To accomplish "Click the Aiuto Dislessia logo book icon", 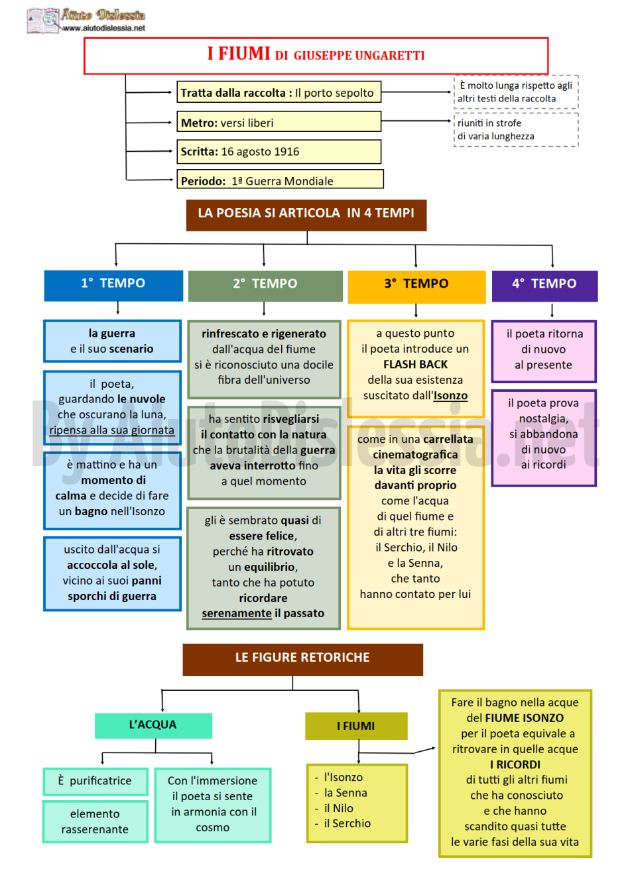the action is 43,20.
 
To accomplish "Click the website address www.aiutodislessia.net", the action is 104,29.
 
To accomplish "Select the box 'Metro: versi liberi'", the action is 279,122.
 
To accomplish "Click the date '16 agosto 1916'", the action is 260,152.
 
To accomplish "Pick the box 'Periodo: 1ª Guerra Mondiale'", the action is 280,180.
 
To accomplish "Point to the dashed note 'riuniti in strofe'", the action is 516,130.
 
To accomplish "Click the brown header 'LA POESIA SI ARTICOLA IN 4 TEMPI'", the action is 306,215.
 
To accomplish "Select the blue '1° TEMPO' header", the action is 113,286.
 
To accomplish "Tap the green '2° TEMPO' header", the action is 265,286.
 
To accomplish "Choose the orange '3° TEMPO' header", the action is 416,287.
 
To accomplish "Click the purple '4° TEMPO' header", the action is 544,286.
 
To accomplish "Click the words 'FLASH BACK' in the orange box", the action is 415,364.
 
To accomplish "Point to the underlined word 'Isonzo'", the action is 450,395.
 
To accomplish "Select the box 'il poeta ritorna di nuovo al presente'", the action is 544,351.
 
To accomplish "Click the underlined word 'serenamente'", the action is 236,613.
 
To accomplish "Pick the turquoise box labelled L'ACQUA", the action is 153,725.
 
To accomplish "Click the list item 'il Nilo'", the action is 338,808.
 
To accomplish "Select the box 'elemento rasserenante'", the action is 95,821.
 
